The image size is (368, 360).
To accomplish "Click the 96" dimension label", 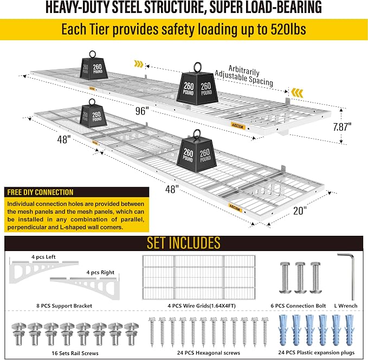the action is pyautogui.click(x=142, y=111).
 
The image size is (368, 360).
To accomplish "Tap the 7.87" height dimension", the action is pyautogui.click(x=342, y=127).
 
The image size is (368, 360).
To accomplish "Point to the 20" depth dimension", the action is pyautogui.click(x=300, y=210).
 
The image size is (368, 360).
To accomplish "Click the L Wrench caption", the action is pyautogui.click(x=346, y=306).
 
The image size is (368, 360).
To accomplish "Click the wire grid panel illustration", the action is pyautogui.click(x=198, y=278).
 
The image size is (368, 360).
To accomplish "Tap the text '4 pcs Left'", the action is pyautogui.click(x=44, y=257).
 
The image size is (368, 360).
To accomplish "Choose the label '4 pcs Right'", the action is pyautogui.click(x=100, y=272).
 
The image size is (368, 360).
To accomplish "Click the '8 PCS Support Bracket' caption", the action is pyautogui.click(x=64, y=306).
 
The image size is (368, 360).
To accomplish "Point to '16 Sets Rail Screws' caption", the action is pyautogui.click(x=75, y=353).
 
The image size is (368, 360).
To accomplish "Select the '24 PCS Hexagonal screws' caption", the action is pyautogui.click(x=209, y=353).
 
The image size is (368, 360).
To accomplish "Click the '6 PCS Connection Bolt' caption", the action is pyautogui.click(x=298, y=306).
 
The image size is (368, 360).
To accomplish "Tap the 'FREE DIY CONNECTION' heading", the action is pyautogui.click(x=40, y=192).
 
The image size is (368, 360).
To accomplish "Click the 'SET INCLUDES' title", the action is pyautogui.click(x=184, y=243).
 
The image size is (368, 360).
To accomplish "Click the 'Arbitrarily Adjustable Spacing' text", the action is pyautogui.click(x=244, y=75).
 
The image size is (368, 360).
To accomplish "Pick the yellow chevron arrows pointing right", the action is pyautogui.click(x=139, y=63).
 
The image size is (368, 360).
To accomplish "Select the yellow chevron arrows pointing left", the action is pyautogui.click(x=297, y=93).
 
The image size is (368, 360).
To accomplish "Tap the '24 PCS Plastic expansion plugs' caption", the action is pyautogui.click(x=317, y=352).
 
